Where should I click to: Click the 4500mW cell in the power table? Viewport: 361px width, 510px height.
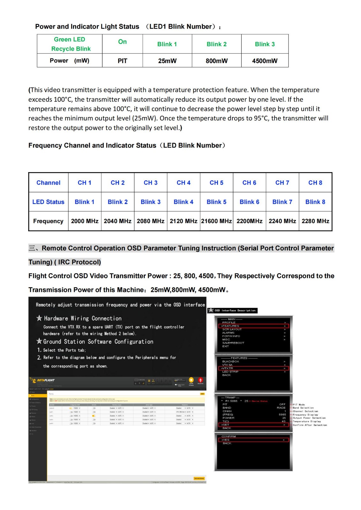(265, 61)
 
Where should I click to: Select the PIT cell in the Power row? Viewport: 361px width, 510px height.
(122, 61)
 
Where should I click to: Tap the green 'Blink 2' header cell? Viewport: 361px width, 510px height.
(216, 44)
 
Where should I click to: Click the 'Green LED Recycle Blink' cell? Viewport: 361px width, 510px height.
(70, 44)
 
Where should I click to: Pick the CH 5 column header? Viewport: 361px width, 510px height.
(216, 183)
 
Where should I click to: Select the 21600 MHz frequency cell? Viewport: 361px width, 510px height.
(216, 221)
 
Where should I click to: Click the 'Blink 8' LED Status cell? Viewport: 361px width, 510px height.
(315, 202)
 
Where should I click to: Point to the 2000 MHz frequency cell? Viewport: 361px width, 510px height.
(85, 221)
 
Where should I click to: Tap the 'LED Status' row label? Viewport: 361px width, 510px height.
(48, 202)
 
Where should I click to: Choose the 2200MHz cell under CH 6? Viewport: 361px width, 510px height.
(249, 221)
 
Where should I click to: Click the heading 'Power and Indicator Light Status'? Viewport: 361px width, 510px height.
(87, 26)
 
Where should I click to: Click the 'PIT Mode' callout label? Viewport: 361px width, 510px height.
(299, 404)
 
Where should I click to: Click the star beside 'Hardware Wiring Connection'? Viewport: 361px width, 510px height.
(39, 318)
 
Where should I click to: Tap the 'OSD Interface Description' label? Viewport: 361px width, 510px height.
(235, 310)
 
